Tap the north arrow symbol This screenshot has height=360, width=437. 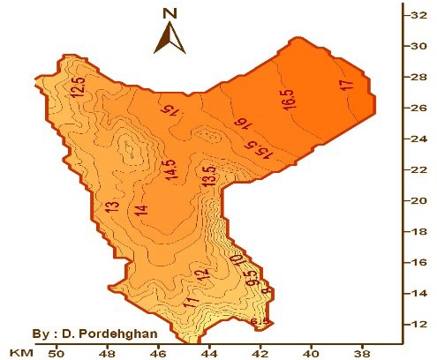tap(170, 38)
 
